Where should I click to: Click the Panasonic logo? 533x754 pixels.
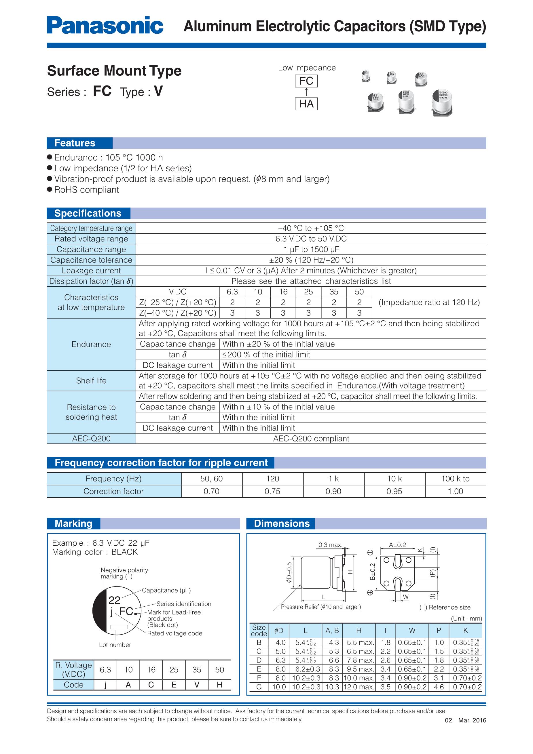105,25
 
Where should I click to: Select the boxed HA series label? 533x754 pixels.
306,104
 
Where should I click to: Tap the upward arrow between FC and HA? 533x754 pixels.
306,92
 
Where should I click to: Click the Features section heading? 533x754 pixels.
75,143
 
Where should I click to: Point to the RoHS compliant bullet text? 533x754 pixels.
86,190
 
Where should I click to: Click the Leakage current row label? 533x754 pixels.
91,271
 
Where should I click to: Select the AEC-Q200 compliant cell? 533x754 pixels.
311,439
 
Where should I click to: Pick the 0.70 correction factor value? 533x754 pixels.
211,491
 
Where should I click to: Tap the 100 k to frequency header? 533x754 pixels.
455,479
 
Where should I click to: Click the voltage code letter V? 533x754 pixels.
196,685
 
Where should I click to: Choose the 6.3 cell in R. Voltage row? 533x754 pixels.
105,670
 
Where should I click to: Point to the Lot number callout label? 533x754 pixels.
115,645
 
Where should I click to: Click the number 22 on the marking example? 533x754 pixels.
114,600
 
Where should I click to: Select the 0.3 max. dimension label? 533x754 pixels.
330,545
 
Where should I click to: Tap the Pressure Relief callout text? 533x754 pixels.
321,607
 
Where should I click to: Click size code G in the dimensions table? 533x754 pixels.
259,687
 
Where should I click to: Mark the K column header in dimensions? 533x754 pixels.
465,630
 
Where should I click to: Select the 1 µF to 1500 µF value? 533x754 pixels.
311,249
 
